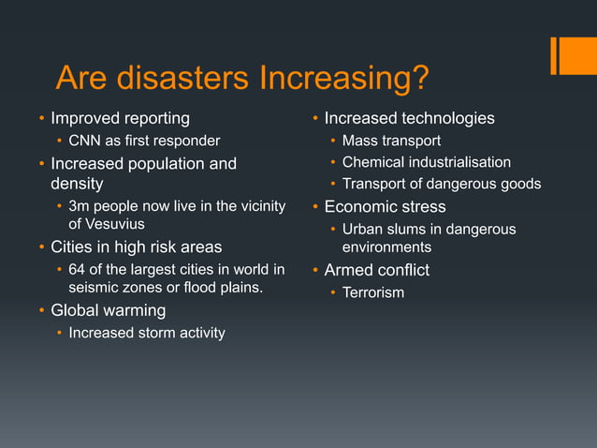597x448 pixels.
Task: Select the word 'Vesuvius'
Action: pos(108,225)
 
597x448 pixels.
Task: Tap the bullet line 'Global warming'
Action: pos(108,310)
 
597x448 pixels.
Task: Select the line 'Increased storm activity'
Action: pos(147,333)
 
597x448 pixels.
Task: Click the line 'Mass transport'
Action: pos(391,142)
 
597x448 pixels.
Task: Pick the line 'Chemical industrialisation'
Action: pos(427,162)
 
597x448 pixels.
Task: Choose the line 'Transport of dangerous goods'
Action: pos(441,184)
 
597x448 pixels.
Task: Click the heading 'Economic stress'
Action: pos(385,206)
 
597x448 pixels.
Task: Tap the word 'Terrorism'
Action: pos(373,293)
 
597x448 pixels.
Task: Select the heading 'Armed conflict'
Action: pos(376,271)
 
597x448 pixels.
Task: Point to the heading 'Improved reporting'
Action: pos(120,118)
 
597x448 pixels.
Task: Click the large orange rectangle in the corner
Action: pos(578,55)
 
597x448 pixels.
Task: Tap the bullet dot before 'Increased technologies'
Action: pos(315,118)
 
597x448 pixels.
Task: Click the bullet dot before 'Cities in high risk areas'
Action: pos(41,247)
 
